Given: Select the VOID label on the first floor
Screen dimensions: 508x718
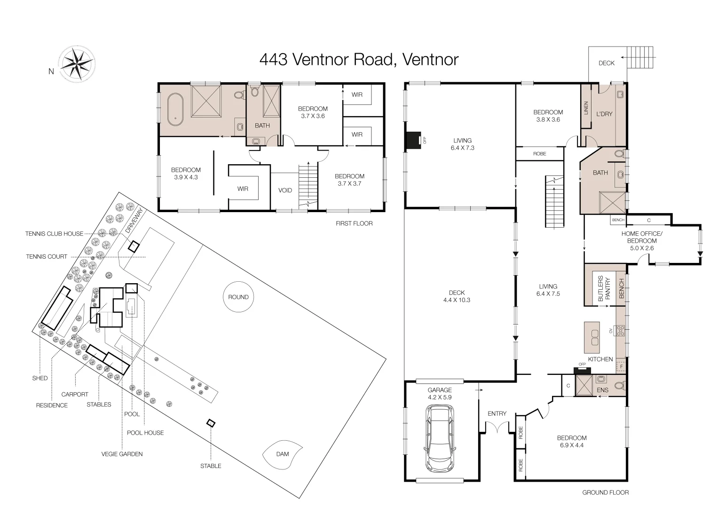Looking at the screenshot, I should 285,190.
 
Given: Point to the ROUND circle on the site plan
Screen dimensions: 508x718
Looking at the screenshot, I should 238,297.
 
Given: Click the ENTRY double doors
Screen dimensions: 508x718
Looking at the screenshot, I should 497,428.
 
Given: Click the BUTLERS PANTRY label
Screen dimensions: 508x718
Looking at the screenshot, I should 604,288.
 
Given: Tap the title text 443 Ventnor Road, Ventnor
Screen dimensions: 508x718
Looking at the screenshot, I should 359,60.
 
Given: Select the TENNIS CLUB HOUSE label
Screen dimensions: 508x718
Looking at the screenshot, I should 54,234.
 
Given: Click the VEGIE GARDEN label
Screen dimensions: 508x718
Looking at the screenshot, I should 122,454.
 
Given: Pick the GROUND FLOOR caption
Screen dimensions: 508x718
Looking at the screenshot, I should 605,492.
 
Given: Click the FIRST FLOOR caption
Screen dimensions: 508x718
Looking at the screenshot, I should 354,223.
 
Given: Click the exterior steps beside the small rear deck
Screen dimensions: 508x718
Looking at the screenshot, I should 640,57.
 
